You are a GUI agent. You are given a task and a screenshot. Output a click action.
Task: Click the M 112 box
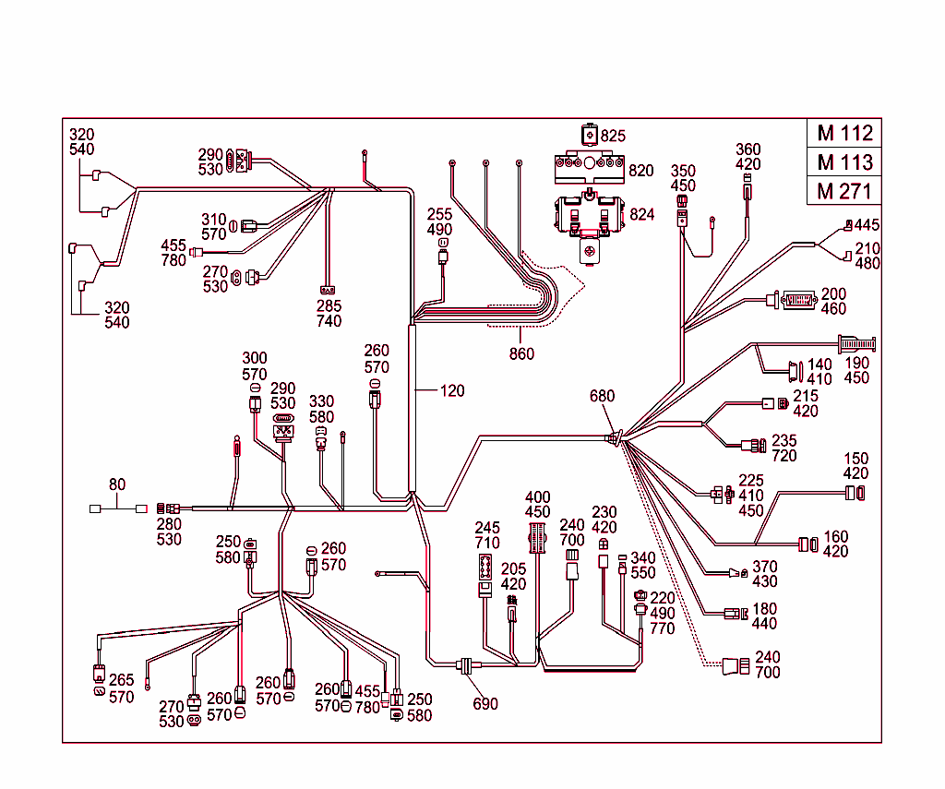click(843, 133)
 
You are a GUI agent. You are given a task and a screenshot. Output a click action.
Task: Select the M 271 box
click(843, 192)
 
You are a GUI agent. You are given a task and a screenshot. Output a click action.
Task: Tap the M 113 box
click(843, 162)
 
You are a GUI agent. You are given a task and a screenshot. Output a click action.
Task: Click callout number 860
click(521, 354)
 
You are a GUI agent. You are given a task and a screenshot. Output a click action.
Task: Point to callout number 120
click(452, 391)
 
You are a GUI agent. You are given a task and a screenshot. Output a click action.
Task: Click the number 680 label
click(602, 397)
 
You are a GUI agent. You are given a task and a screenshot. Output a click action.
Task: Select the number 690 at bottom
click(485, 704)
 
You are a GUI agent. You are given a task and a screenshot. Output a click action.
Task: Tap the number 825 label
click(614, 136)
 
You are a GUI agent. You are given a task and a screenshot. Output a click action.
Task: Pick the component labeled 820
click(587, 168)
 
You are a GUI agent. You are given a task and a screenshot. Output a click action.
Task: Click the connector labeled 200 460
click(798, 300)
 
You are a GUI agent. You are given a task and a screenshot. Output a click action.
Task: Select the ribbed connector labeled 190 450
click(856, 346)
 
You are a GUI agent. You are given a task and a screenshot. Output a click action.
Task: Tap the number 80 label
click(117, 484)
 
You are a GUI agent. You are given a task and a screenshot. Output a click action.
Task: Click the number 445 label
click(867, 225)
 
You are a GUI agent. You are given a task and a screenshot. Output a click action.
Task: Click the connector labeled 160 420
click(808, 544)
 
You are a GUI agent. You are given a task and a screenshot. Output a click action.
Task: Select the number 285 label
click(329, 306)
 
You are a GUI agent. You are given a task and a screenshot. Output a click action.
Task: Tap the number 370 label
click(765, 567)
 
